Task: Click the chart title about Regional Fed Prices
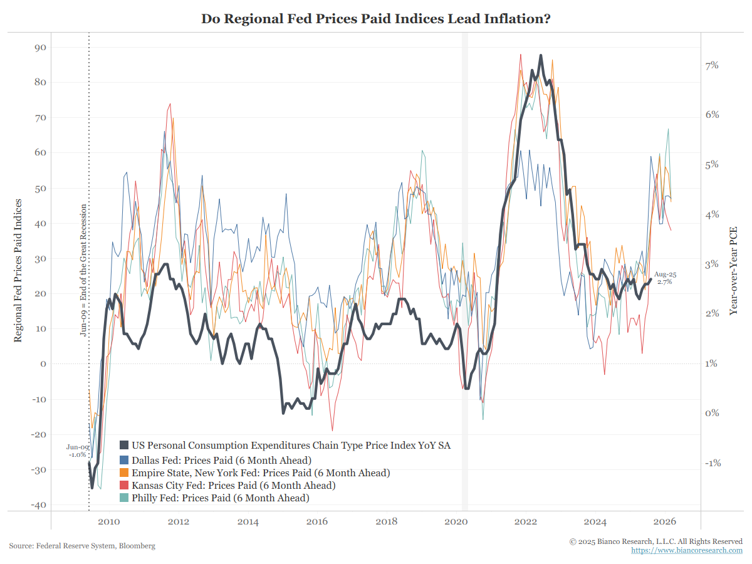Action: [x=376, y=19]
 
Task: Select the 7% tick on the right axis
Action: [x=713, y=65]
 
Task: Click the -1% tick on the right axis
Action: [x=713, y=463]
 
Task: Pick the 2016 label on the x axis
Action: [x=317, y=521]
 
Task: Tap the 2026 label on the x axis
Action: [x=664, y=521]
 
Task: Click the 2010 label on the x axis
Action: [x=109, y=521]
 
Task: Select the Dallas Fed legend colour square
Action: [x=125, y=459]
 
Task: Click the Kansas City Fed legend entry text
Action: [x=233, y=485]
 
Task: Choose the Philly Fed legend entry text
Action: [x=220, y=498]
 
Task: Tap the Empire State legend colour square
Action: [x=125, y=473]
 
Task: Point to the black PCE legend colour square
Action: [x=125, y=446]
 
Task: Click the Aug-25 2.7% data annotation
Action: [x=665, y=278]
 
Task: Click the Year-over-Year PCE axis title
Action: [x=734, y=271]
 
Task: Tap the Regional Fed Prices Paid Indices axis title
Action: [x=18, y=271]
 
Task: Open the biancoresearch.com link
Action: [x=687, y=550]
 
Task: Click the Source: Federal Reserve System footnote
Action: [x=82, y=546]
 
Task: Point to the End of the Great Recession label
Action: [x=83, y=270]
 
